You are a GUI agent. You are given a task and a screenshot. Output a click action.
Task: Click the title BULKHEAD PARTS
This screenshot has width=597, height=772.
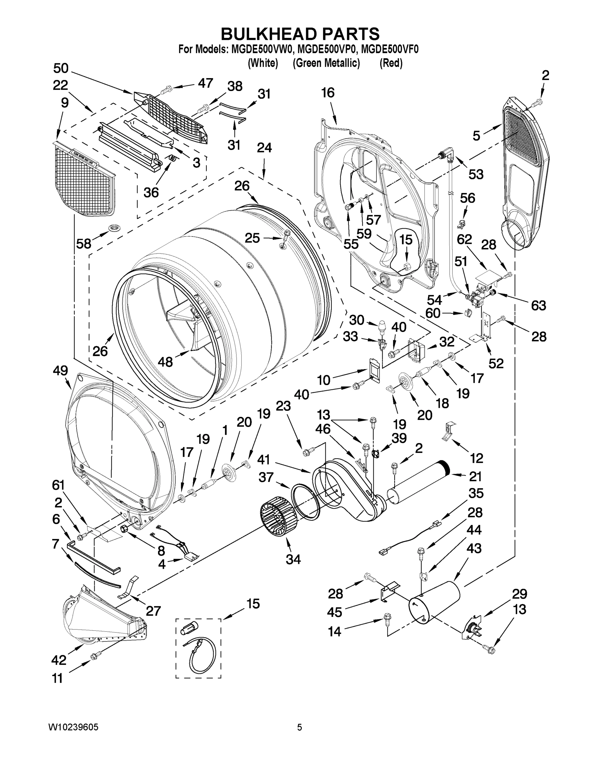300,34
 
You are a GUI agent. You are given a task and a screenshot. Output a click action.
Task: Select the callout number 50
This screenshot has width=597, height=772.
61,68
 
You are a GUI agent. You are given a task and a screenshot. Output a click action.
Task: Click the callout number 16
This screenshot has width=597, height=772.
328,93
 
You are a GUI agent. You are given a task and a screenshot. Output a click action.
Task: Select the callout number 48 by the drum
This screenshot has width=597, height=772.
165,362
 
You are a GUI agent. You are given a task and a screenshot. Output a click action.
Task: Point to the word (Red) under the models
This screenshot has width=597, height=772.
391,63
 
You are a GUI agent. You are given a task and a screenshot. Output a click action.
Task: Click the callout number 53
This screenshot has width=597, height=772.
476,174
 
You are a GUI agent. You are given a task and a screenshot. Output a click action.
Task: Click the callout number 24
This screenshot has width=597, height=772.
264,147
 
